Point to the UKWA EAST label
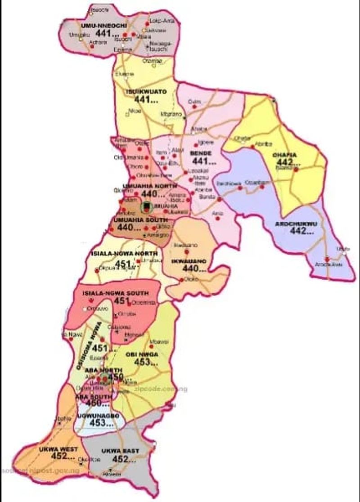click(120, 451)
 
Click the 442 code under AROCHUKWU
click(301, 232)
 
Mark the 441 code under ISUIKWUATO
click(146, 100)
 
